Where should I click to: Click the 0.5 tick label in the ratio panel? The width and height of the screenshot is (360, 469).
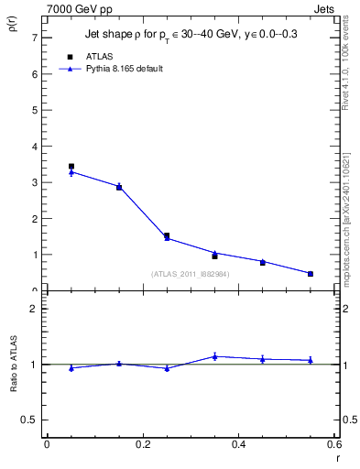(30, 420)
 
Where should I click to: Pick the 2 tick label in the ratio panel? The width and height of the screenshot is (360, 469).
(34, 309)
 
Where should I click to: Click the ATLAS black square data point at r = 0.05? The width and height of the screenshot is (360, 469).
(71, 166)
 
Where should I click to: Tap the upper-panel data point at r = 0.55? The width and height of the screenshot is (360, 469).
(311, 273)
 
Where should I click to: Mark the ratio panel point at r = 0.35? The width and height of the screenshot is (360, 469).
(214, 356)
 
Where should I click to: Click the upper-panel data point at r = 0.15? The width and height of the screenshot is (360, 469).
(119, 187)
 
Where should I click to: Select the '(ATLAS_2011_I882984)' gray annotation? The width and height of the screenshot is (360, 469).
(190, 273)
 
